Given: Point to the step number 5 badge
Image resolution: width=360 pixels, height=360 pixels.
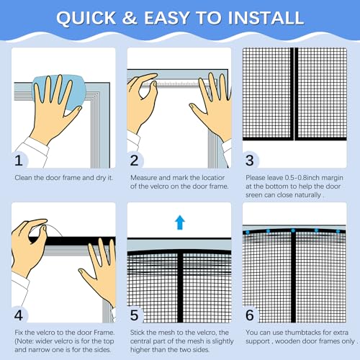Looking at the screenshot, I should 136,315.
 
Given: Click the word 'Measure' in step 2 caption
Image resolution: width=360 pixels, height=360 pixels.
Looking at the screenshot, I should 143,176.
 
